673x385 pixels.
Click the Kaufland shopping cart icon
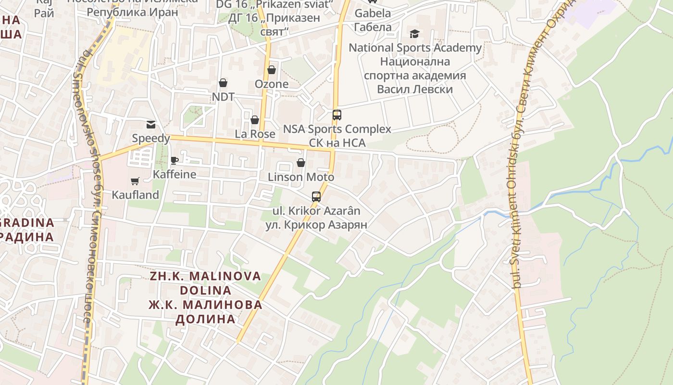[x=135, y=181]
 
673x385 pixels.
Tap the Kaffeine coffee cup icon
[x=174, y=160]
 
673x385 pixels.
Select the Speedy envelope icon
[x=151, y=125]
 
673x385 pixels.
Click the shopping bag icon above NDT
[x=223, y=83]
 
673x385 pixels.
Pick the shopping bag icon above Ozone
[x=272, y=70]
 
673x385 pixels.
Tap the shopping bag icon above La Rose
[x=255, y=120]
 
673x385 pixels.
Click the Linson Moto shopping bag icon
[x=301, y=163]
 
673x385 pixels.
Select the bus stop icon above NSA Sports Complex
[x=336, y=115]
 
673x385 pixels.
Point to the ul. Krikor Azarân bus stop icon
[x=316, y=196]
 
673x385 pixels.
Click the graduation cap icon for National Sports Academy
[x=414, y=34]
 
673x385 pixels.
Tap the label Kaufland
[x=135, y=195]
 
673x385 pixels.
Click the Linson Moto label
[x=301, y=177]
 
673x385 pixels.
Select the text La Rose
[x=255, y=134]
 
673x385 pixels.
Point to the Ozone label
[x=272, y=84]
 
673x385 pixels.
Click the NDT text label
[x=223, y=97]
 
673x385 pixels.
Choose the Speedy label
[x=151, y=139]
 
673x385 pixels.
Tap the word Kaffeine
[x=174, y=174]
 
